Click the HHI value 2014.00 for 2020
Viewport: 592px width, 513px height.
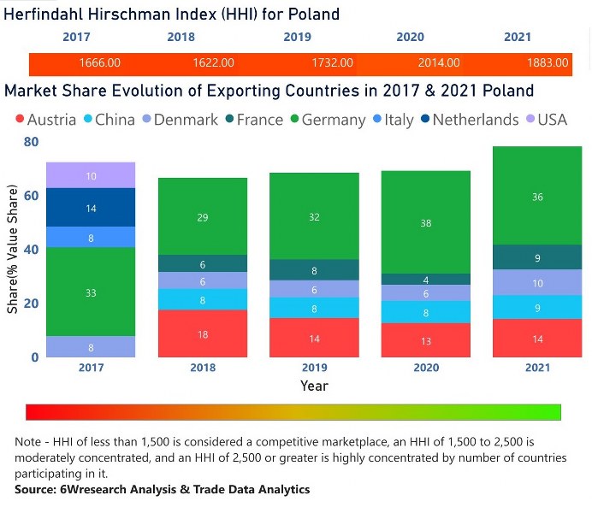pyautogui.click(x=440, y=63)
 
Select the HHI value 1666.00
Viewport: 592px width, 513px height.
pyautogui.click(x=99, y=63)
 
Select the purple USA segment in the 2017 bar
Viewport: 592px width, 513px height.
pyautogui.click(x=91, y=175)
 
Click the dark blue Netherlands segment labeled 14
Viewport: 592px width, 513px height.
pyautogui.click(x=91, y=208)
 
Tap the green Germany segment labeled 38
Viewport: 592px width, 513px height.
pyautogui.click(x=427, y=222)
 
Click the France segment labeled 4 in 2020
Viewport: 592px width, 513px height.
pyautogui.click(x=427, y=280)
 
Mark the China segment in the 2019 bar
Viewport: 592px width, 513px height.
pyautogui.click(x=314, y=309)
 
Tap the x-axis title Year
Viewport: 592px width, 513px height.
pyautogui.click(x=314, y=386)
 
